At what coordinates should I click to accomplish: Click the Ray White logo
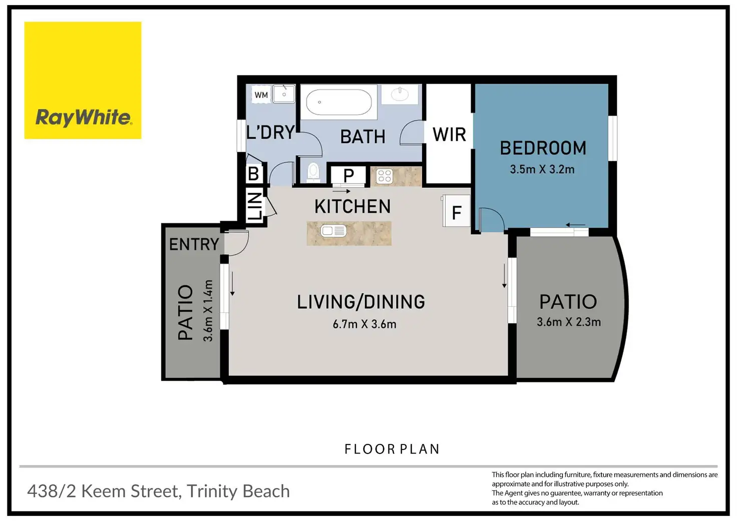[83, 80]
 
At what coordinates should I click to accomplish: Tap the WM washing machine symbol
[261, 95]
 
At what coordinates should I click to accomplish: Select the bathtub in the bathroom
[339, 102]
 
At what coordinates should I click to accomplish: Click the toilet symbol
[313, 172]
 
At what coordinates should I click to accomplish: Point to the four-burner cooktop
[385, 176]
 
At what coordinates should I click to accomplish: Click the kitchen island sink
[333, 231]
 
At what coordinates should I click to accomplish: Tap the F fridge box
[456, 211]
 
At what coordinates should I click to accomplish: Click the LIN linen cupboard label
[254, 206]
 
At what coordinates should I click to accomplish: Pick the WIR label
[449, 135]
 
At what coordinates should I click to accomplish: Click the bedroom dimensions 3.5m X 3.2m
[542, 169]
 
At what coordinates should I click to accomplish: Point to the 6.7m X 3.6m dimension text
[364, 324]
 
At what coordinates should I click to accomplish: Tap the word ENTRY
[194, 244]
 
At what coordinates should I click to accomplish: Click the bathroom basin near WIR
[400, 95]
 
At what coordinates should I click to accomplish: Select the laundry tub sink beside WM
[283, 94]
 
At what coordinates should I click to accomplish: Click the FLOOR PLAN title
[392, 449]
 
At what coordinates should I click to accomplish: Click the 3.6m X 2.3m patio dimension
[569, 322]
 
